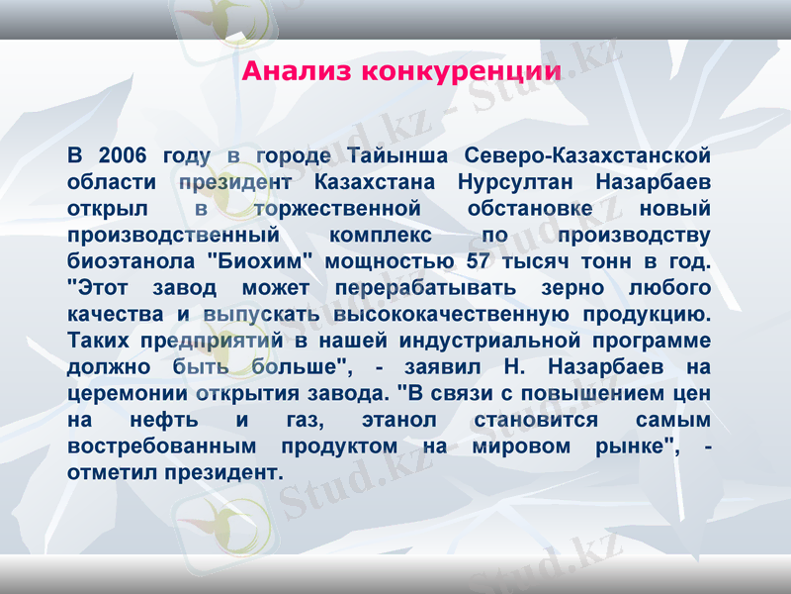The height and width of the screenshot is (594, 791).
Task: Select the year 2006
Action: [x=123, y=155]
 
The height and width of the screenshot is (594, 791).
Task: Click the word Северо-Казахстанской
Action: [x=587, y=155]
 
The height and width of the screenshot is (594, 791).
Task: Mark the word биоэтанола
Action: [x=130, y=262]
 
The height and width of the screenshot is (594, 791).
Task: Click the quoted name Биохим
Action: [x=260, y=262]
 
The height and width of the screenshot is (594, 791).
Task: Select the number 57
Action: [x=479, y=262]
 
